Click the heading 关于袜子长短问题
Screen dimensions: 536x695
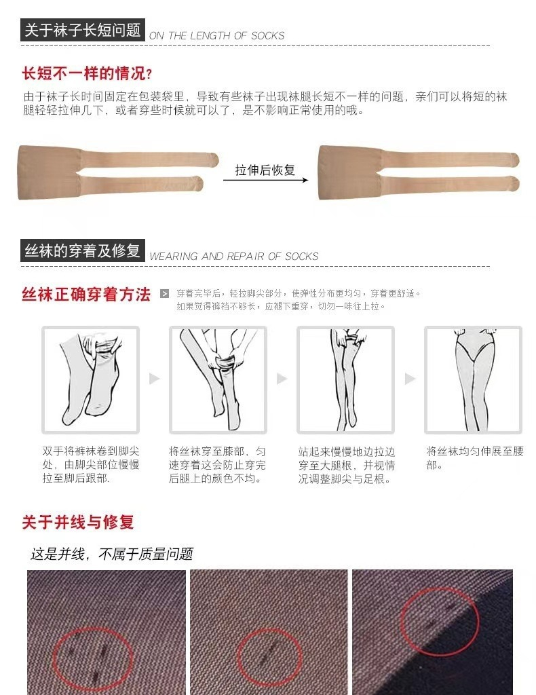coord(83,30)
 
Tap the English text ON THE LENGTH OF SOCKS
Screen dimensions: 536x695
coord(216,36)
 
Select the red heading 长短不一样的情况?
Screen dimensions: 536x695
coord(88,73)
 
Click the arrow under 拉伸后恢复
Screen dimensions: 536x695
coord(265,180)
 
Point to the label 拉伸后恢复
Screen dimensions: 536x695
coord(265,170)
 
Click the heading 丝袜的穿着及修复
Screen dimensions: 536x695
coord(83,251)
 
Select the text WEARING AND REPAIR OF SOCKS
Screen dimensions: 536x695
coord(234,256)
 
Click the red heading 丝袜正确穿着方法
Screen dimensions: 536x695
coord(86,295)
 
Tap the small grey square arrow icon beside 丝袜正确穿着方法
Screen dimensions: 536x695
coord(165,293)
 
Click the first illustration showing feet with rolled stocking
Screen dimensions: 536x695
coord(90,380)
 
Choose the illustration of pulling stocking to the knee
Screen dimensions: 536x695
coord(218,380)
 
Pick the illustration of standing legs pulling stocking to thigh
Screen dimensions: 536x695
coord(345,380)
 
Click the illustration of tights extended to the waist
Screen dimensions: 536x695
coord(473,380)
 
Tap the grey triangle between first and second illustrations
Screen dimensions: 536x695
coord(154,379)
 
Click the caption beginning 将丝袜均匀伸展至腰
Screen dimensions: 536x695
coord(475,458)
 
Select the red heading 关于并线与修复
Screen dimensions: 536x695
coord(78,522)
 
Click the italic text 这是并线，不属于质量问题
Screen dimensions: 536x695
coord(112,554)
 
